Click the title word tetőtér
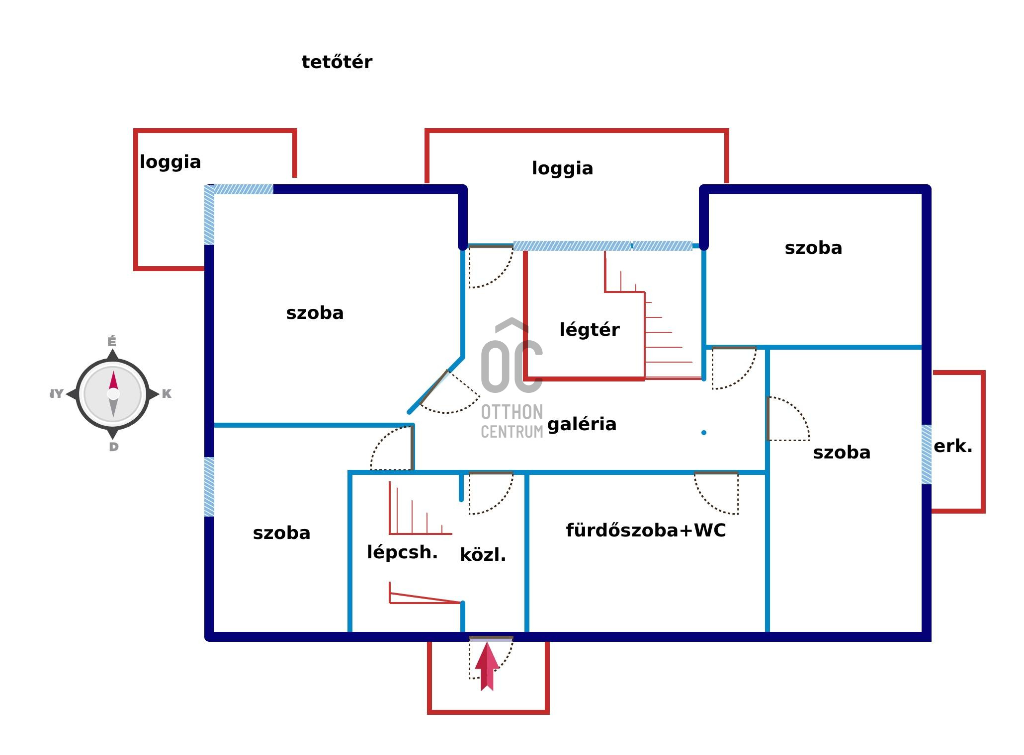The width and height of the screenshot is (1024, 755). (x=337, y=62)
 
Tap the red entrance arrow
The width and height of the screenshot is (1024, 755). (x=487, y=666)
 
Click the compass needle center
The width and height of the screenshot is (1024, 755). (x=113, y=394)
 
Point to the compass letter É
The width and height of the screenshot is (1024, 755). (x=112, y=342)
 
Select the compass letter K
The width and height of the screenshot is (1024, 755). (x=167, y=394)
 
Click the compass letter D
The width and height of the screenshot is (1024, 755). (x=114, y=447)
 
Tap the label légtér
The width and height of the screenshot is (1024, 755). (x=590, y=330)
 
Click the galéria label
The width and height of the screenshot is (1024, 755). (x=582, y=424)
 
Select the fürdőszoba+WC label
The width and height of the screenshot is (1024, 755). (x=646, y=530)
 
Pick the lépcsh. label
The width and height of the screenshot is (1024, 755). (x=402, y=552)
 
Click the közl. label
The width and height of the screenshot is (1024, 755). (x=483, y=555)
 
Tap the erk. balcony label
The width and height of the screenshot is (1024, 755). (x=952, y=447)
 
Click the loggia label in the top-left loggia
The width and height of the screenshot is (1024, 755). (x=170, y=162)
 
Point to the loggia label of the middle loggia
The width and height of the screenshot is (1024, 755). (x=562, y=168)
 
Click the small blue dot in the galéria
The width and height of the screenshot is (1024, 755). (x=703, y=433)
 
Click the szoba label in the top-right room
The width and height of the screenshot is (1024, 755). (x=813, y=248)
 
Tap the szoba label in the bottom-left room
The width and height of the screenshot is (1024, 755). (x=281, y=533)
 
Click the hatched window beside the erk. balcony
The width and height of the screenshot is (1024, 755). (x=926, y=454)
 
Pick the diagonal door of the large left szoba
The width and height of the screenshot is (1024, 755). (x=433, y=387)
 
